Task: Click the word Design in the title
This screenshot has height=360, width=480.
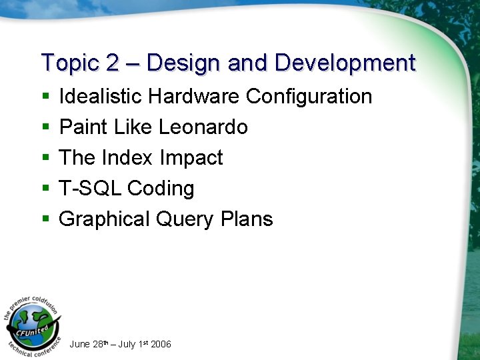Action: [183, 63]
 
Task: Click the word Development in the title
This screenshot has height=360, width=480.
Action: [345, 63]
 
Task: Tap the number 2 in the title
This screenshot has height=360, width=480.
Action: [112, 63]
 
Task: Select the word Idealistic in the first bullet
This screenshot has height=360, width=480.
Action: [101, 97]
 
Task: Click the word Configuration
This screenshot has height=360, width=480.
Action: [309, 97]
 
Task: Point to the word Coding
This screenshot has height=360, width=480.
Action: [161, 189]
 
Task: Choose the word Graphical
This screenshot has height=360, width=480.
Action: [104, 219]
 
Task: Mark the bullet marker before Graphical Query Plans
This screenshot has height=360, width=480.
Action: [45, 220]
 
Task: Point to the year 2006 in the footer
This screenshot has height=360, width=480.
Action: [161, 344]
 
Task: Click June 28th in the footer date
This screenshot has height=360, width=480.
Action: [86, 344]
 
